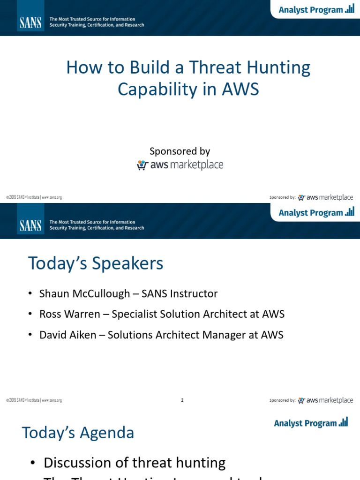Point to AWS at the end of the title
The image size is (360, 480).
pyautogui.click(x=241, y=89)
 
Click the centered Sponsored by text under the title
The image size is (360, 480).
pyautogui.click(x=180, y=151)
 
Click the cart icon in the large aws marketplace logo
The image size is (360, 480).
pyautogui.click(x=142, y=165)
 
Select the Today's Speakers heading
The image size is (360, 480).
pyautogui.click(x=96, y=263)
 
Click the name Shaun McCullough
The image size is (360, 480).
pyautogui.click(x=84, y=294)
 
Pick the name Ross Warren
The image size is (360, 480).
pyautogui.click(x=69, y=314)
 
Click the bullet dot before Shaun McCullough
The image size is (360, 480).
pyautogui.click(x=30, y=294)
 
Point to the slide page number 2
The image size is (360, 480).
pyautogui.click(x=182, y=400)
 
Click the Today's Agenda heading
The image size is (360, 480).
pyautogui.click(x=78, y=432)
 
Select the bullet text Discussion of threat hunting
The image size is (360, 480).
pyautogui.click(x=135, y=463)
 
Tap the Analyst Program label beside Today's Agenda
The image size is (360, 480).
pyautogui.click(x=305, y=423)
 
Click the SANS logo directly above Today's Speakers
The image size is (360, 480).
pyautogui.click(x=30, y=225)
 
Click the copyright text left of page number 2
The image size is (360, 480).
pyautogui.click(x=34, y=400)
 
